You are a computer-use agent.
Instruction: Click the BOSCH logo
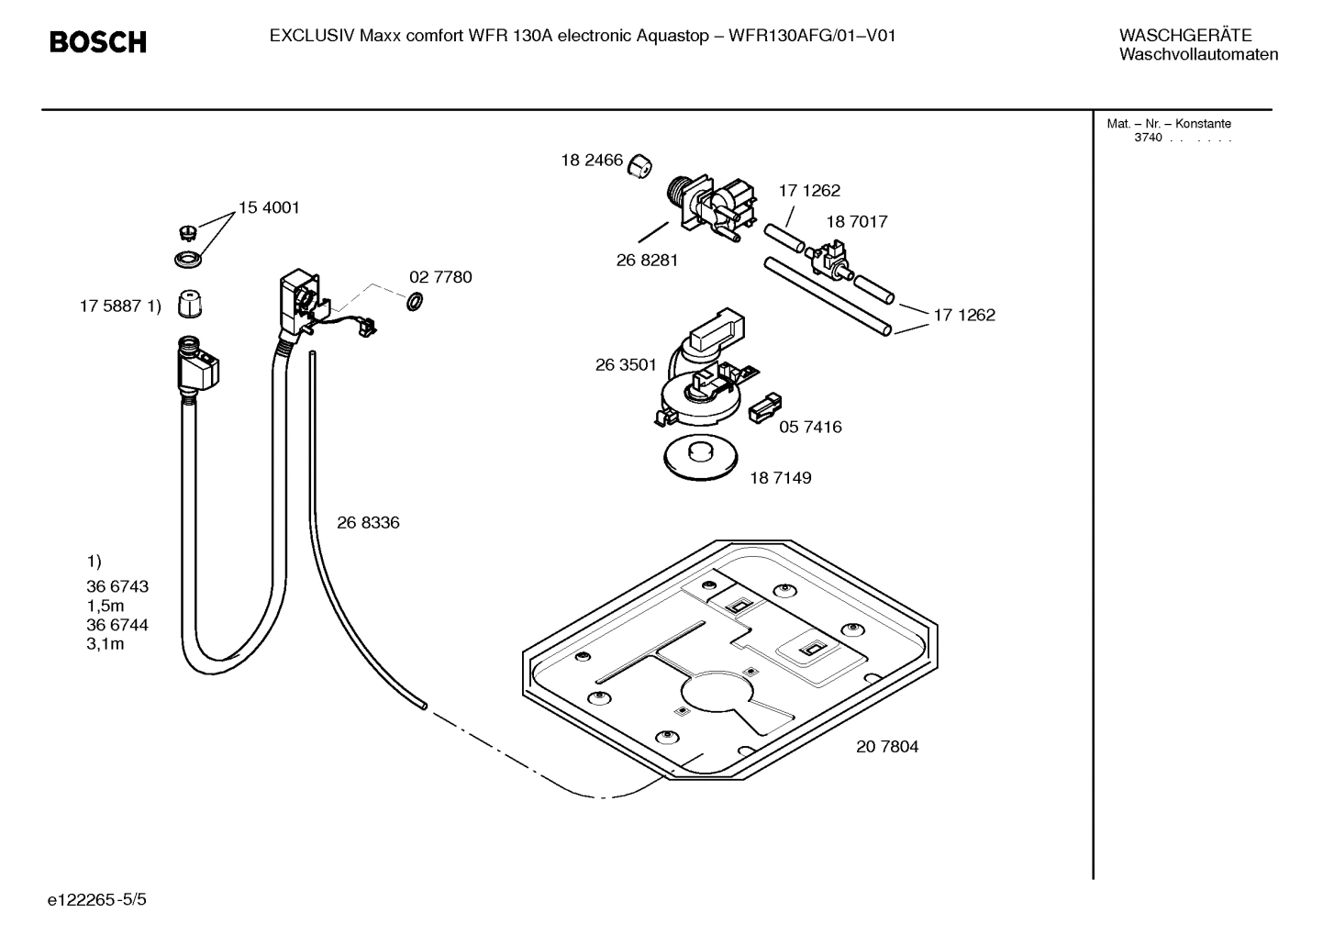click(97, 42)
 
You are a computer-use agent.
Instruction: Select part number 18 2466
click(592, 161)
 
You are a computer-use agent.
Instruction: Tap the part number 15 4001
click(269, 207)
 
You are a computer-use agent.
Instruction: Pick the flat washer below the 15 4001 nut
click(189, 259)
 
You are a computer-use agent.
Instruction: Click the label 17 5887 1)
click(120, 306)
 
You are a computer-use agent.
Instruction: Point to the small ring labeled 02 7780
click(414, 301)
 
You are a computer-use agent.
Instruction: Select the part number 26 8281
click(647, 260)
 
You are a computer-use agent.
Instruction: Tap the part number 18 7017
click(856, 221)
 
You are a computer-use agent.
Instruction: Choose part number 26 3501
click(626, 364)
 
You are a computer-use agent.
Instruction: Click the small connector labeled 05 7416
click(765, 407)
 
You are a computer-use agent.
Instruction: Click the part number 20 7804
click(886, 746)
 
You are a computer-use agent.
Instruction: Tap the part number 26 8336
click(368, 522)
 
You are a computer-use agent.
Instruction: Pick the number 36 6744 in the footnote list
click(117, 624)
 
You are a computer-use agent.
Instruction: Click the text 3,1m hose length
click(105, 643)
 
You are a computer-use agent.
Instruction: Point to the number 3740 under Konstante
click(1148, 138)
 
